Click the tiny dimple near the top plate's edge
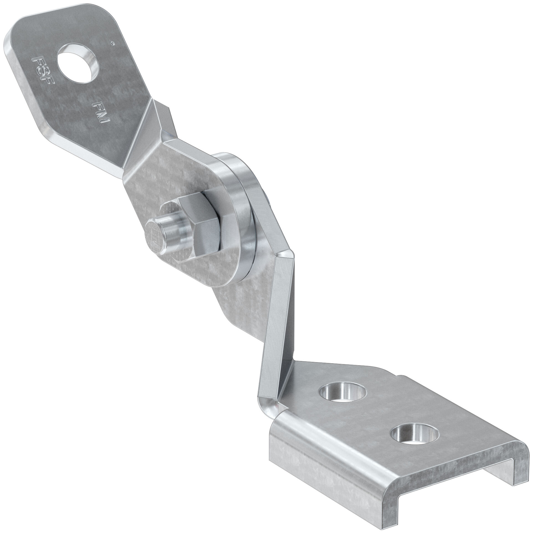pyautogui.click(x=112, y=43)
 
